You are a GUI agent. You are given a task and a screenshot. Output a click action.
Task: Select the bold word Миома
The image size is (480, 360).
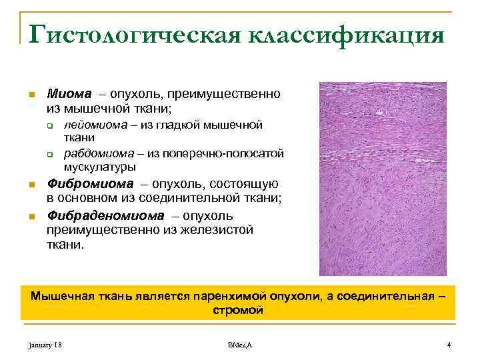(65, 93)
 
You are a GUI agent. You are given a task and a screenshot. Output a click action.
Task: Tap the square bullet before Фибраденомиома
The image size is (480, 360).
(30, 216)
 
